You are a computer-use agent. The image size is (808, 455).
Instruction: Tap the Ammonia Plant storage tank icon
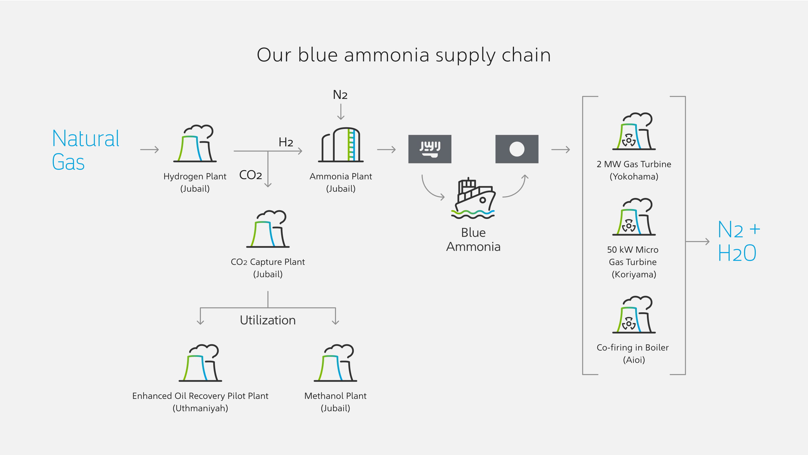[x=341, y=144]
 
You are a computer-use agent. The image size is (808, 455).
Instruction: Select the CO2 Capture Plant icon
[x=268, y=229]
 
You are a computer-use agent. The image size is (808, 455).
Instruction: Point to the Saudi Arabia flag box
[x=430, y=149]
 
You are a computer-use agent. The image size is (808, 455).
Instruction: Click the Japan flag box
[x=517, y=149]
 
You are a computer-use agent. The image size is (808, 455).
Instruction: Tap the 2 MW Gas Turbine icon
[x=633, y=131]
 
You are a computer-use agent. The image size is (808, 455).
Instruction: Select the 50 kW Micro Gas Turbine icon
[x=633, y=217]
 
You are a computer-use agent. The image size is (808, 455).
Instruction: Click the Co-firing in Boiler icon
[x=633, y=315]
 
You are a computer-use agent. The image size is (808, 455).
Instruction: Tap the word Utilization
[x=268, y=320]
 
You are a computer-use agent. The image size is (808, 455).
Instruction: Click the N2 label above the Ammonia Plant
[x=340, y=95]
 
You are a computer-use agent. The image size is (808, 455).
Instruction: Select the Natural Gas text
[x=85, y=150]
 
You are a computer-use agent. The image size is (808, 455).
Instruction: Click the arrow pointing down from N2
[x=341, y=112]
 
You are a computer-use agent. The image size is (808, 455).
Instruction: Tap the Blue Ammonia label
[x=473, y=239]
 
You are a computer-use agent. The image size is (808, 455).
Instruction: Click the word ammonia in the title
[x=386, y=55]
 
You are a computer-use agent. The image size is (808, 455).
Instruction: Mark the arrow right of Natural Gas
[x=149, y=150]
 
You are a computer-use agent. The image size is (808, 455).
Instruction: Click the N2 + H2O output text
[x=738, y=241]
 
